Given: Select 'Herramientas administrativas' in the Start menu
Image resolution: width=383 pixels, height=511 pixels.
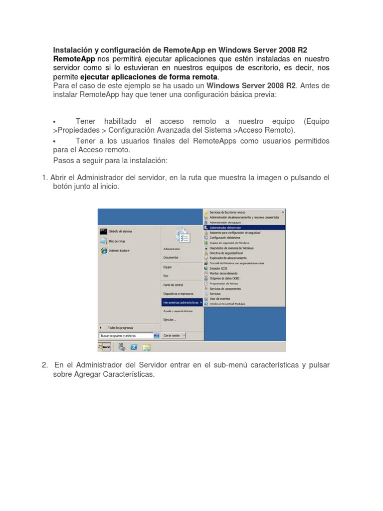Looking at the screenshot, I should [182, 302].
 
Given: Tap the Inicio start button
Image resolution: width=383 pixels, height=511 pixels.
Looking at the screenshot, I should [105, 347].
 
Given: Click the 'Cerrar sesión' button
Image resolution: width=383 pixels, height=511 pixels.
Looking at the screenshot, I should [172, 336].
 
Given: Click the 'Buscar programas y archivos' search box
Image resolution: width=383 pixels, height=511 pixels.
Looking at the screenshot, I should [126, 336].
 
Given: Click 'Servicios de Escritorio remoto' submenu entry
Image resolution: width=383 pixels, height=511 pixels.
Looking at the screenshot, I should [227, 212].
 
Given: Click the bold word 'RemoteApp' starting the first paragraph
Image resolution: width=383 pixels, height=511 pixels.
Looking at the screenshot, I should [74, 59].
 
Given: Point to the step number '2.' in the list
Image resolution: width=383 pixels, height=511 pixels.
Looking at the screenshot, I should [45, 365].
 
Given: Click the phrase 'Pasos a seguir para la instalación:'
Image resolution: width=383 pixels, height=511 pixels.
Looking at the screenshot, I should [110, 161].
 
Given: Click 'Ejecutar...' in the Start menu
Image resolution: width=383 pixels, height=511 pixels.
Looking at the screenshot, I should [170, 319].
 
